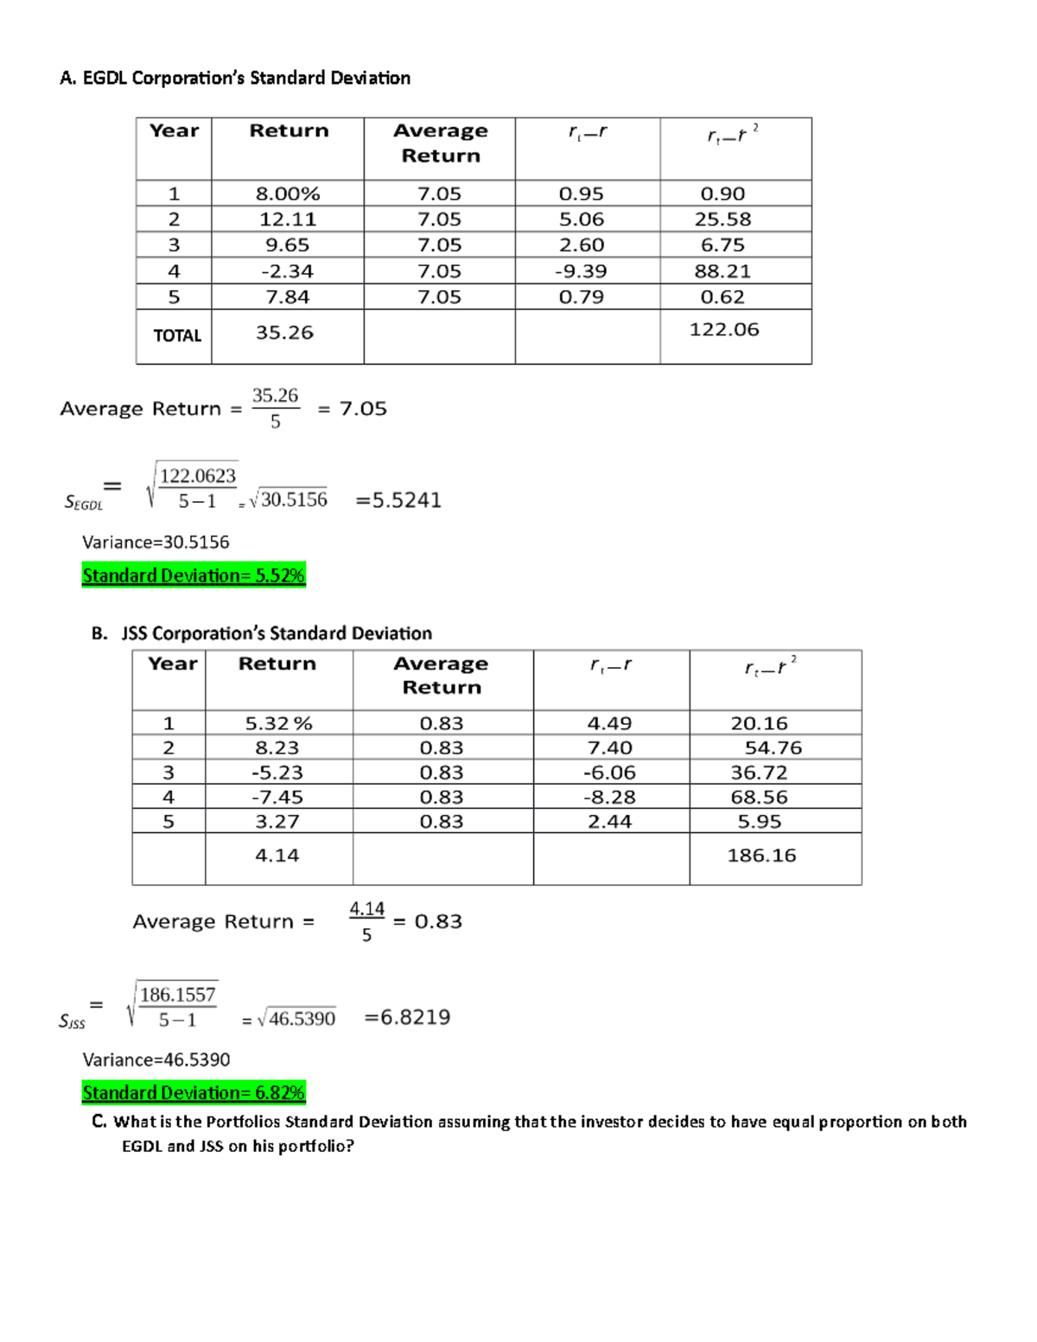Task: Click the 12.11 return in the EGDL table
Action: [x=288, y=219]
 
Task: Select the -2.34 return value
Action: [x=288, y=271]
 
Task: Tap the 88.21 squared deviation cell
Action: [x=722, y=271]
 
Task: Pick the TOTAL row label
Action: [x=177, y=335]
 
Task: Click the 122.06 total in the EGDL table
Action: [x=724, y=329]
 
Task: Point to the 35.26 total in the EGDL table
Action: [x=284, y=333]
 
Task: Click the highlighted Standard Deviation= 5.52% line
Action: [x=194, y=576]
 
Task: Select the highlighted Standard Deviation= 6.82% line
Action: [x=194, y=1093]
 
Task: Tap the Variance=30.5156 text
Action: [x=156, y=543]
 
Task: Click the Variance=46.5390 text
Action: [x=156, y=1060]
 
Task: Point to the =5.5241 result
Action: [x=398, y=500]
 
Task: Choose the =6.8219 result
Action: [x=407, y=1017]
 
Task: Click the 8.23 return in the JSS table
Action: [x=277, y=748]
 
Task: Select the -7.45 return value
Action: [x=277, y=798]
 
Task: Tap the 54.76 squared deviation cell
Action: [x=773, y=748]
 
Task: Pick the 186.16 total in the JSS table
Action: [x=761, y=855]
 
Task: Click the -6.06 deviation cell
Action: [x=609, y=773]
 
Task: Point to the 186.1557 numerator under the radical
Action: [x=177, y=995]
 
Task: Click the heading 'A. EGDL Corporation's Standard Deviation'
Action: [x=235, y=79]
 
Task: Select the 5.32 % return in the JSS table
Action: [x=278, y=723]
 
